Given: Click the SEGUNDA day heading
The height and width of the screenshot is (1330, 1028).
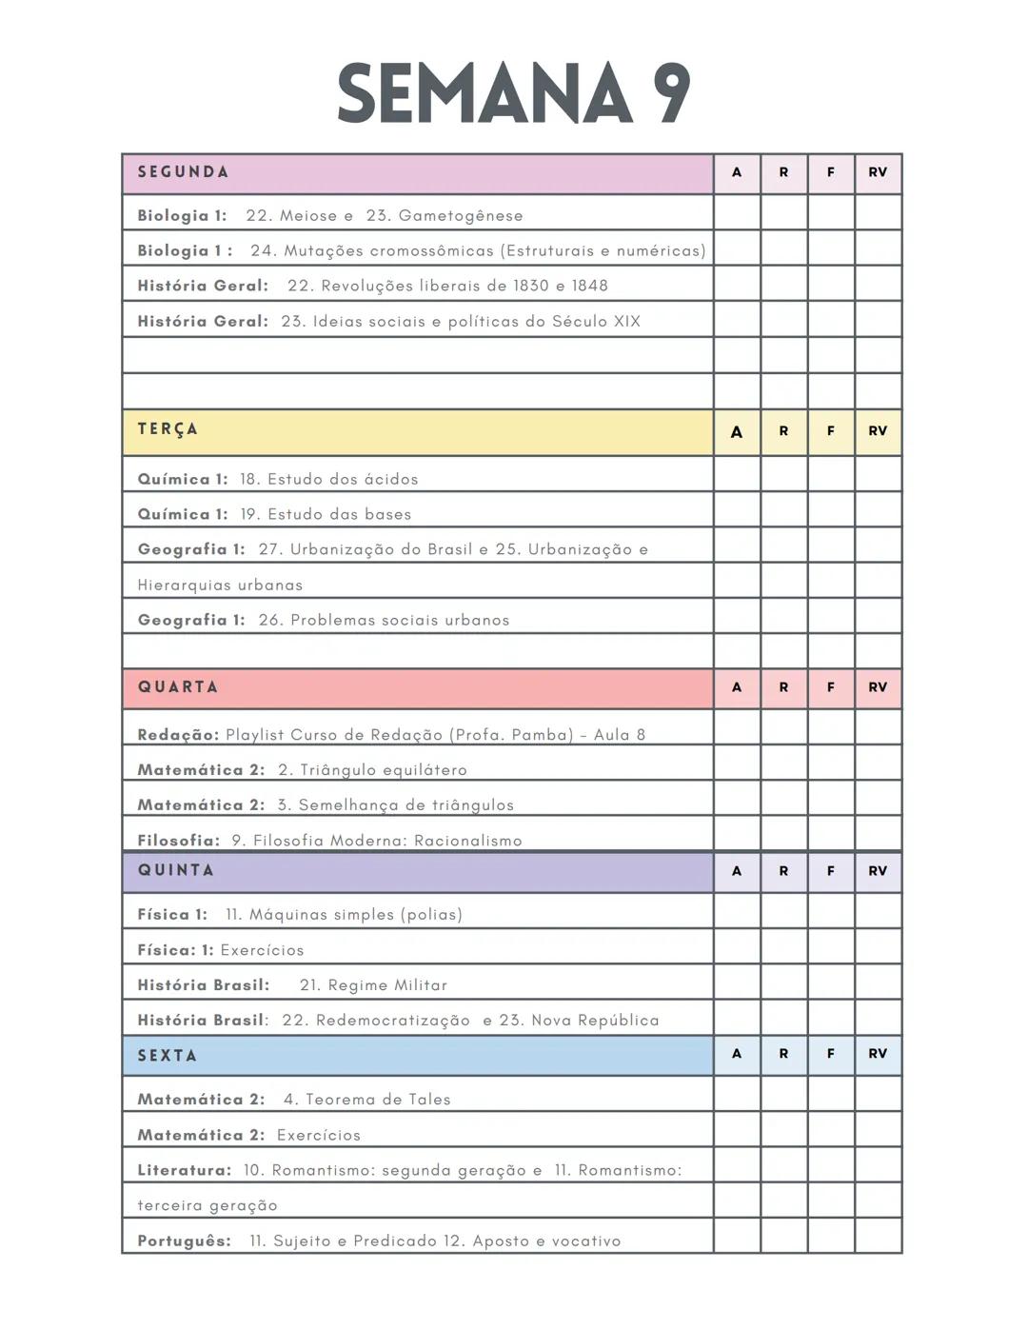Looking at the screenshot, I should [x=183, y=172].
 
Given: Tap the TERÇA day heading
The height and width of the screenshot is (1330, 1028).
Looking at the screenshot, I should [x=168, y=429].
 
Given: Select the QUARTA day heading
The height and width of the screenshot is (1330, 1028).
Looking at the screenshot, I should [x=178, y=687].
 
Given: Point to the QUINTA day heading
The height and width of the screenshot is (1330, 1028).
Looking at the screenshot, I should [x=176, y=870].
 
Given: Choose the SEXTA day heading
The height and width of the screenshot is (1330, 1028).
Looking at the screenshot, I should [x=168, y=1056].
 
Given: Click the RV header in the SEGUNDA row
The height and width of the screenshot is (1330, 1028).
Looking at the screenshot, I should [x=878, y=172].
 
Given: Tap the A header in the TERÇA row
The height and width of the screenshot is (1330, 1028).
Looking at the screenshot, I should [x=737, y=431].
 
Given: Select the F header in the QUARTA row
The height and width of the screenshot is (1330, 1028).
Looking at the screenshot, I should [x=831, y=687].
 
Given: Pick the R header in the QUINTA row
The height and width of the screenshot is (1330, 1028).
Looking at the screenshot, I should [x=783, y=871].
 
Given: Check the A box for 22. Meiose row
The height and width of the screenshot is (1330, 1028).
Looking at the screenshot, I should [x=737, y=212].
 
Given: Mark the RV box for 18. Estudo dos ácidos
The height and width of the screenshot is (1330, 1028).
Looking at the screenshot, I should [x=878, y=474].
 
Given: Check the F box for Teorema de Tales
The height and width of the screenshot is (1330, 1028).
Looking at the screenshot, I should [x=831, y=1094].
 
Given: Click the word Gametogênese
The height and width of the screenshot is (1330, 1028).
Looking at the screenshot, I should [x=461, y=216].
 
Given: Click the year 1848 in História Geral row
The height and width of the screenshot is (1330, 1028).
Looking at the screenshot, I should [x=589, y=286].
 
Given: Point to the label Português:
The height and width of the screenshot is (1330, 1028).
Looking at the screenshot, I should [x=185, y=1241].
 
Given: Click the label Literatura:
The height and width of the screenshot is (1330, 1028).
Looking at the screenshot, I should [x=185, y=1170].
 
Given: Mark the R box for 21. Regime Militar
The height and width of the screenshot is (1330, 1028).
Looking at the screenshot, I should [x=783, y=982].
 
